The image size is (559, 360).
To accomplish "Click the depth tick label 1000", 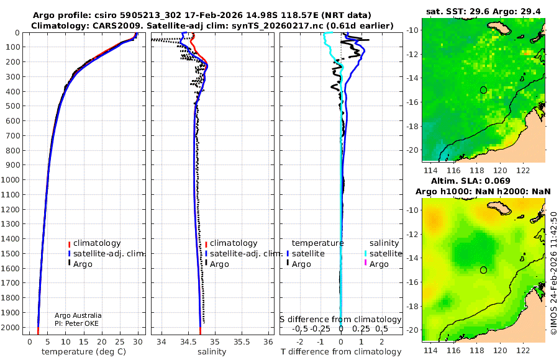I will [x=11, y=180].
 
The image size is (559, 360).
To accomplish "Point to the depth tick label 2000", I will [x=11, y=327].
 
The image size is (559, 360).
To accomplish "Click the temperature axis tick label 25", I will [x=120, y=341].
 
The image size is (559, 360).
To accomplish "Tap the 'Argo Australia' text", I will [x=78, y=315].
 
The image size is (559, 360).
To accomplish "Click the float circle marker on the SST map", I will [x=483, y=90].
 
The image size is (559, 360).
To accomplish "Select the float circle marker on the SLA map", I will [x=483, y=270].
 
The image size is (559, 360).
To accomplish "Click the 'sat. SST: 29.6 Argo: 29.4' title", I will [x=484, y=11].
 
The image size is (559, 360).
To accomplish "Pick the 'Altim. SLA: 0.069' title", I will [x=484, y=180].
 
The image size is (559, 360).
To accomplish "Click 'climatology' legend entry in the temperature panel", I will [x=97, y=243].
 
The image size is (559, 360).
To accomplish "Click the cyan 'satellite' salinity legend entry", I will [x=385, y=254].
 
